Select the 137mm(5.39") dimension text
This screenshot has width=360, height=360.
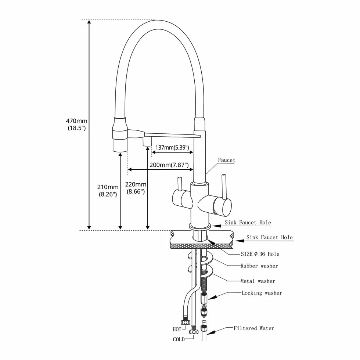(x=172, y=147)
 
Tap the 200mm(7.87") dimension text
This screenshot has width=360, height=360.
(x=169, y=165)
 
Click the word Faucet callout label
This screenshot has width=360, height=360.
(x=227, y=160)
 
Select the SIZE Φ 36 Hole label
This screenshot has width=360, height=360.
(x=260, y=254)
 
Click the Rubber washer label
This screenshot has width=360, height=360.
(x=259, y=266)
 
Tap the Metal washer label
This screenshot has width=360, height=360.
(x=258, y=281)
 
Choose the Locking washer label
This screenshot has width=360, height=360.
(x=262, y=293)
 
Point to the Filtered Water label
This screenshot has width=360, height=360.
(x=254, y=328)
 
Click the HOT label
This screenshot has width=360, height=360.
(x=177, y=330)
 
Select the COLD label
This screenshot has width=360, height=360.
(x=179, y=339)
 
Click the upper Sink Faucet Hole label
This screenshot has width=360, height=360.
(x=248, y=222)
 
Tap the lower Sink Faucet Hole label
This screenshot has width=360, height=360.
(x=270, y=237)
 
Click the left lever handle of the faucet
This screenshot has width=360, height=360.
(x=179, y=184)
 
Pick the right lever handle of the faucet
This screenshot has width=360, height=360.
(x=224, y=187)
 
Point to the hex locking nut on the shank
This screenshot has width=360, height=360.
(x=204, y=298)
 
